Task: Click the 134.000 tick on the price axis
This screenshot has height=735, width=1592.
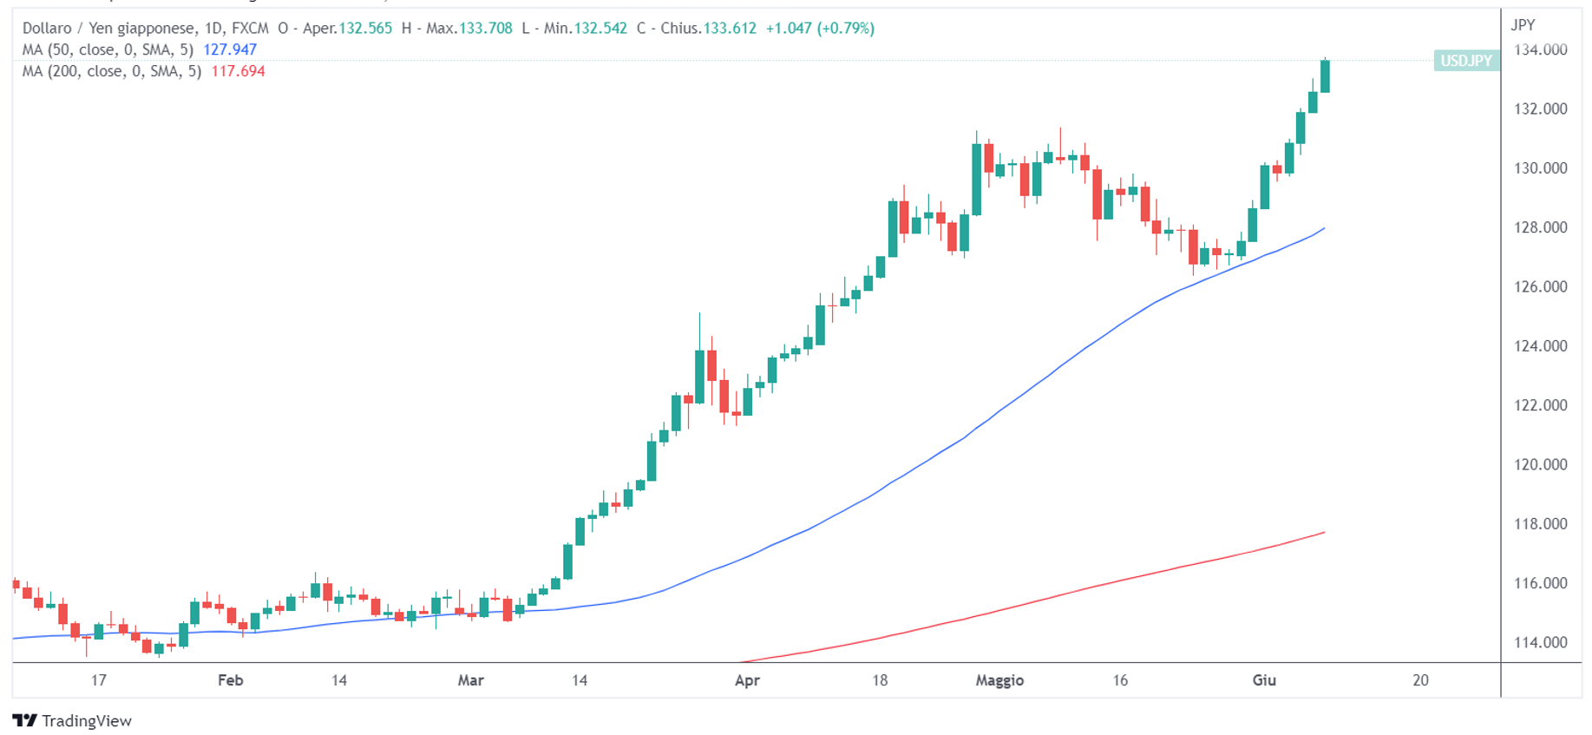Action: coord(1540,49)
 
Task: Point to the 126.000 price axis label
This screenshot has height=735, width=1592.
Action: coord(1540,286)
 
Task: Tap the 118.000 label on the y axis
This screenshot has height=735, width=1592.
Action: coord(1540,523)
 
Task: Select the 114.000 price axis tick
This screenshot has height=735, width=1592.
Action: coord(1540,642)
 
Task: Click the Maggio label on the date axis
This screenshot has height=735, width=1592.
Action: coord(999,680)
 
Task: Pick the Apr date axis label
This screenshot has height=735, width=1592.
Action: coord(747,680)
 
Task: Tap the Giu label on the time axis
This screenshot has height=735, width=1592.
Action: coord(1264,680)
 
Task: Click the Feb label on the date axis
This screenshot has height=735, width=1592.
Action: coord(230,680)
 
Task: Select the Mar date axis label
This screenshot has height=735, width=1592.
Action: coord(470,680)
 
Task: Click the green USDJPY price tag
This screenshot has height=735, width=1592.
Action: coord(1466,61)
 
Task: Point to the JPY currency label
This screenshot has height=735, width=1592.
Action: coord(1523,25)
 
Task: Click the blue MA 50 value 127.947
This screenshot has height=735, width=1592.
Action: coord(230,49)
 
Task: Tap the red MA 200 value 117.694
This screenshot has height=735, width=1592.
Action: coord(238,71)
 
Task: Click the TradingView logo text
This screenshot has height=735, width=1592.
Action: coord(86,721)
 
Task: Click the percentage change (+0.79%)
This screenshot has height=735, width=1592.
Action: coord(846,28)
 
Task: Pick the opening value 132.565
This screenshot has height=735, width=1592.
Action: coord(365,28)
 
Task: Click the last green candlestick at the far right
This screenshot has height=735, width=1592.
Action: coord(1325,76)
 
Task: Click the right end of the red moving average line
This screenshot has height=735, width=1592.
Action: coord(1323,533)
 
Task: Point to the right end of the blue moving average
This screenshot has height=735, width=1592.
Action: coord(1323,229)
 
